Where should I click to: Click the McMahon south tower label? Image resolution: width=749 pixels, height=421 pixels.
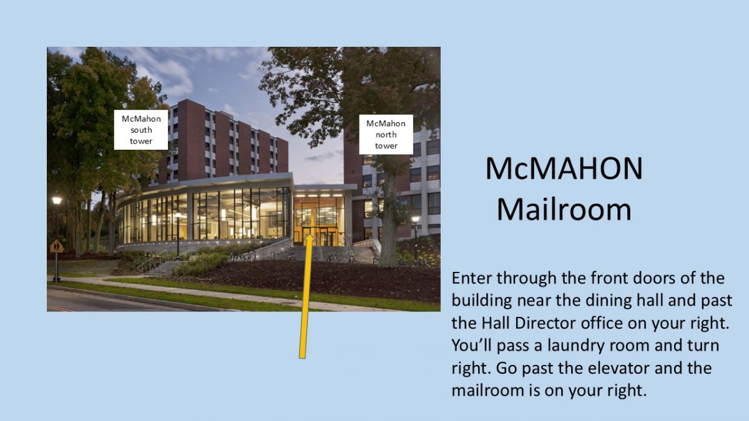(x=141, y=130)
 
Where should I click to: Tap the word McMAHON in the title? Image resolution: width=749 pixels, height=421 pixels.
(x=564, y=169)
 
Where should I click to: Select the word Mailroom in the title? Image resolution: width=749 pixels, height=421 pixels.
(x=564, y=210)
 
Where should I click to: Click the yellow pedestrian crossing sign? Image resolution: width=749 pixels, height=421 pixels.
(x=57, y=246)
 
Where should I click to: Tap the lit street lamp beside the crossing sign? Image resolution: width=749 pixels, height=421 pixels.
(x=57, y=201)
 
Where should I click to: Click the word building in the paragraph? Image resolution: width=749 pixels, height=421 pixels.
(x=484, y=300)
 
